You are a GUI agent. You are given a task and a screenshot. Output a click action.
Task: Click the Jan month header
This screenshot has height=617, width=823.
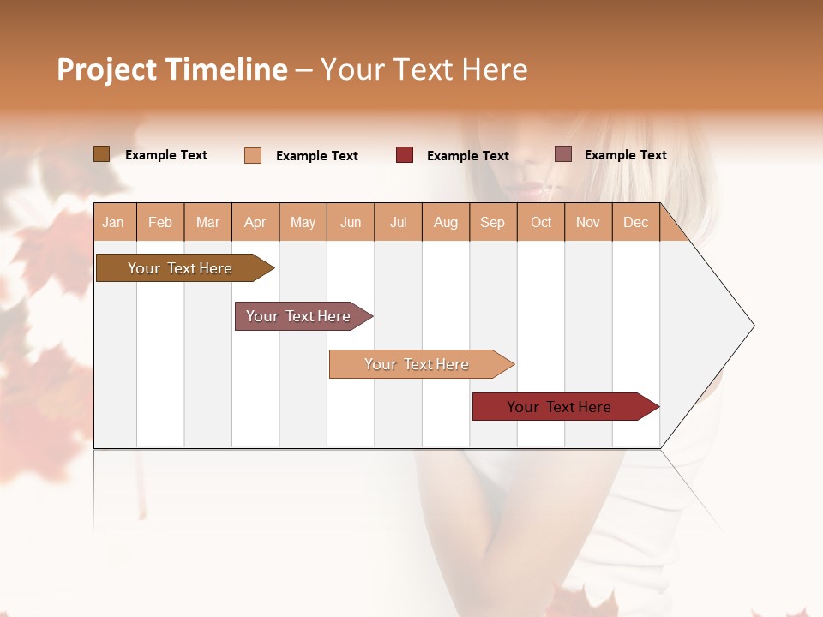[x=113, y=223]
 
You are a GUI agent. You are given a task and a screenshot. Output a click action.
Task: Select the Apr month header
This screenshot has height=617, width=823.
[x=255, y=223]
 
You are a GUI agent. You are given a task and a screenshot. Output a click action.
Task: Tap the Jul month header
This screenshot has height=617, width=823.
[x=398, y=223]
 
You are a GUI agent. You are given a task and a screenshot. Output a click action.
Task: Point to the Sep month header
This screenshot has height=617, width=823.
[x=492, y=223]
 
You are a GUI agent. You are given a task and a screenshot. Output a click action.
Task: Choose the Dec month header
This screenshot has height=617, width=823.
[x=635, y=223]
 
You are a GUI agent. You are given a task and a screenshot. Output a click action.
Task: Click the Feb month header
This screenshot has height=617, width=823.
[x=160, y=223]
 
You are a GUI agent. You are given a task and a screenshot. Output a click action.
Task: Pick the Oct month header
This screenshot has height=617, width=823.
[x=541, y=223]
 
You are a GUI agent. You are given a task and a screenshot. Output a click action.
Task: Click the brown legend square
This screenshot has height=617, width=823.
[x=101, y=154]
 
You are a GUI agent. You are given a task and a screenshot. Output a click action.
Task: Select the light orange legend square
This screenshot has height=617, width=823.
[x=253, y=155]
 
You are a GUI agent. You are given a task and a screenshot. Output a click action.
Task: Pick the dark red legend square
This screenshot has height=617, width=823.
[x=405, y=155]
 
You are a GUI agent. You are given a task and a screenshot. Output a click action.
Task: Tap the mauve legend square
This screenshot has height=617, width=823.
[x=563, y=154]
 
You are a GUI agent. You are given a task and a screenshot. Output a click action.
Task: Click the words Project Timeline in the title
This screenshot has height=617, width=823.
[x=172, y=69]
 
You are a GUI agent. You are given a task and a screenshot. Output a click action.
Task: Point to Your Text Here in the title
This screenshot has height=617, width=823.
[x=424, y=69]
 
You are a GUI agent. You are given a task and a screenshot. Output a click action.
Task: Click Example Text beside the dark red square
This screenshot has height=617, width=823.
[x=467, y=156]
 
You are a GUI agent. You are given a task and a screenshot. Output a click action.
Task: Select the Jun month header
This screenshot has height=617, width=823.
[x=351, y=223]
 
